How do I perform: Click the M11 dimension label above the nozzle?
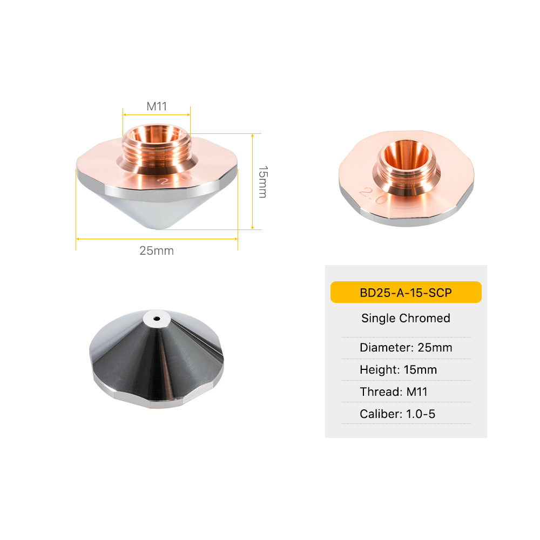coord(157,106)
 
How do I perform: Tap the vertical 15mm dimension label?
coord(263,182)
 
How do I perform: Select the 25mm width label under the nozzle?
coord(157,251)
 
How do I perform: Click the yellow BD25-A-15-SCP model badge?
coord(406,292)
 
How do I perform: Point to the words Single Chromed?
coord(406,318)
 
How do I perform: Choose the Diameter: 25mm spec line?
coord(406,347)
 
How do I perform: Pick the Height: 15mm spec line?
coord(398,369)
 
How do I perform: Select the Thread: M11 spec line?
coord(394,391)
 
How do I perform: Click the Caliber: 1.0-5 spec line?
coord(397,414)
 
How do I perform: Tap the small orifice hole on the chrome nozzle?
coord(157,319)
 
